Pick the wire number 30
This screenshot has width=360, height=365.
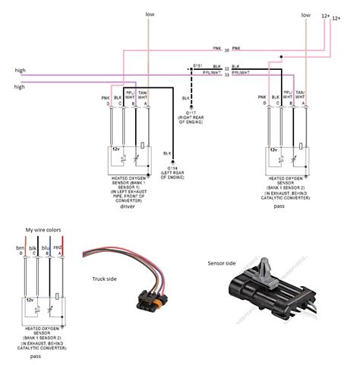[x=226, y=50]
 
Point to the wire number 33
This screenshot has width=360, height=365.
[x=226, y=74]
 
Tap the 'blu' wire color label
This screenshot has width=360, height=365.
[x=48, y=247]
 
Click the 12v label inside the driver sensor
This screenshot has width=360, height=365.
[x=116, y=150]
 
